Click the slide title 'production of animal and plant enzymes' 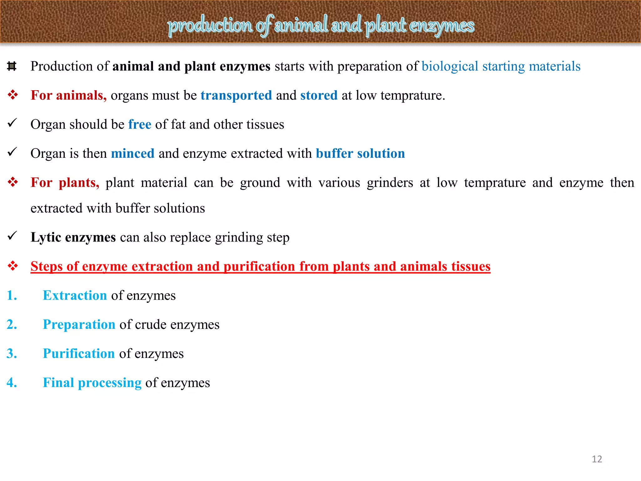coord(321,25)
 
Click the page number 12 coord(597,459)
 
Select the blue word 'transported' coord(236,95)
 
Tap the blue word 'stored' coord(319,95)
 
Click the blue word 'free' coord(140,124)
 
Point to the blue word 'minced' coord(133,153)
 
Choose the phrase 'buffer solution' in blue coord(360,153)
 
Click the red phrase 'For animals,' coord(69,95)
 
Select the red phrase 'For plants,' coord(65,183)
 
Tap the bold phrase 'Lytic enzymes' coord(73,237)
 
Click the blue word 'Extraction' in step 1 coord(75,295)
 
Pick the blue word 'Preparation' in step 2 coord(79,324)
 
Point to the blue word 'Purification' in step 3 coord(79,354)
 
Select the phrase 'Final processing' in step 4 coord(92,383)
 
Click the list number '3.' coord(12,354)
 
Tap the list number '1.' coord(12,295)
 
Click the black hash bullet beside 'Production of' coord(12,66)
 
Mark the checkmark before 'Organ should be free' coord(12,123)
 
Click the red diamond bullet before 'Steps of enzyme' coord(13,266)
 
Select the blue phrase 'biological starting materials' coord(501,66)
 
